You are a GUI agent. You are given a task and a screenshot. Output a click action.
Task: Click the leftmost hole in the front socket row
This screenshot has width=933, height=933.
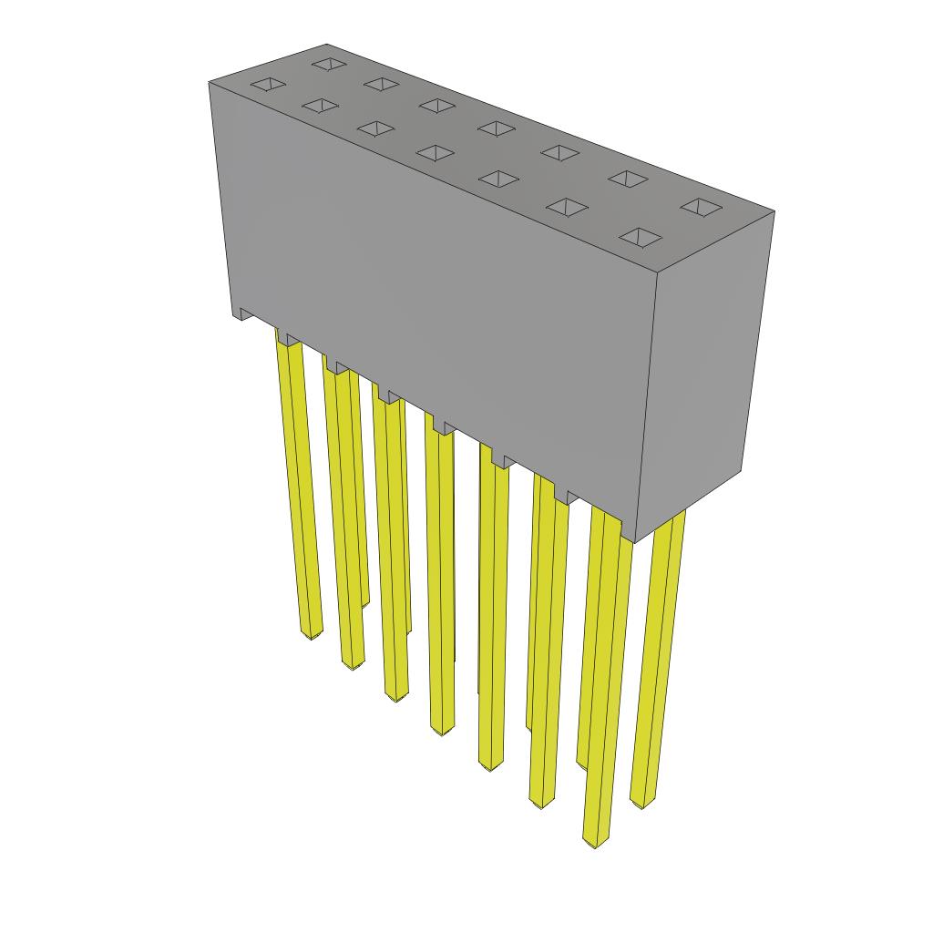point(268,86)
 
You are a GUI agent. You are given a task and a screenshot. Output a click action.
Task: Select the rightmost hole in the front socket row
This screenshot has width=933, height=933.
point(641,238)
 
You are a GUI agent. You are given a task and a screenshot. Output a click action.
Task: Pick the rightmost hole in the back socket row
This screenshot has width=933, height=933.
point(700,208)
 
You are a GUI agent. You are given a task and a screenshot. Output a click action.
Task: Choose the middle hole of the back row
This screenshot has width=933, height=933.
point(497,128)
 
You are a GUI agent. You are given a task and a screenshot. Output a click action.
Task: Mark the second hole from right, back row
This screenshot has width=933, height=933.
point(628,179)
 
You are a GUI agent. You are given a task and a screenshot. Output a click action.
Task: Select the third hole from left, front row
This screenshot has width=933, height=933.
point(375,128)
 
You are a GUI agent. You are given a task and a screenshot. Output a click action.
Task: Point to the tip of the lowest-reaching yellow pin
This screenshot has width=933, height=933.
point(594,843)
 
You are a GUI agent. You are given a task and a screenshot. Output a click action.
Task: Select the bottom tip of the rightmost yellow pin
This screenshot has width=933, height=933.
point(641,805)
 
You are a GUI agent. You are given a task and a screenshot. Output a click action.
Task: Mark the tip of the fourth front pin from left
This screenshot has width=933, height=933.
point(441,731)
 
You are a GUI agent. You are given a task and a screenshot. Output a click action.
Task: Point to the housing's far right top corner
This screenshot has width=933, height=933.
point(774,212)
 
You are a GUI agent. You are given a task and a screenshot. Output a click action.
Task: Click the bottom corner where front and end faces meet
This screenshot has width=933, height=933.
point(635,542)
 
